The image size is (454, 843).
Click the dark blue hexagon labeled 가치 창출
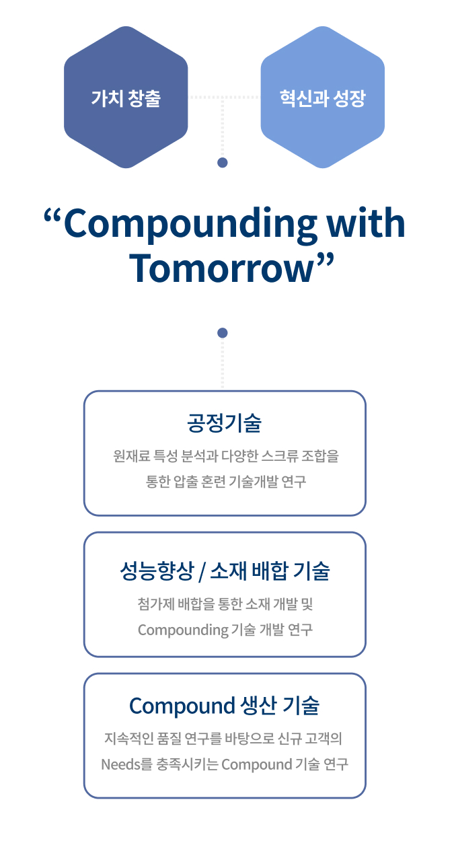tap(126, 97)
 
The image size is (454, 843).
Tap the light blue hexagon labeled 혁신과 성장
tap(322, 97)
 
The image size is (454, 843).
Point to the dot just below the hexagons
tap(223, 163)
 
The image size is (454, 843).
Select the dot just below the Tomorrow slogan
tap(223, 332)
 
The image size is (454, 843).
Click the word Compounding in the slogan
tap(190, 224)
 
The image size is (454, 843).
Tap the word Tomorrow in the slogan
tap(221, 268)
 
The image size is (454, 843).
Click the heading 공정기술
tap(225, 423)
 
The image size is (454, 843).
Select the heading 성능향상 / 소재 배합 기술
tap(225, 571)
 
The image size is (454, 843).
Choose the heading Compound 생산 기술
tap(225, 705)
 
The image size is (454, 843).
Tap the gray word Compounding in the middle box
tap(183, 630)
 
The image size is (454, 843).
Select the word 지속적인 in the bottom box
tap(128, 738)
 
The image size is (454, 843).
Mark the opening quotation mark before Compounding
tap(52, 216)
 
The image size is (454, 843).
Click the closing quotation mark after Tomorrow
tap(325, 260)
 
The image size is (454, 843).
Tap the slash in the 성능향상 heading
tap(202, 572)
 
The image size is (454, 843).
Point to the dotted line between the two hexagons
tap(224, 97)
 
